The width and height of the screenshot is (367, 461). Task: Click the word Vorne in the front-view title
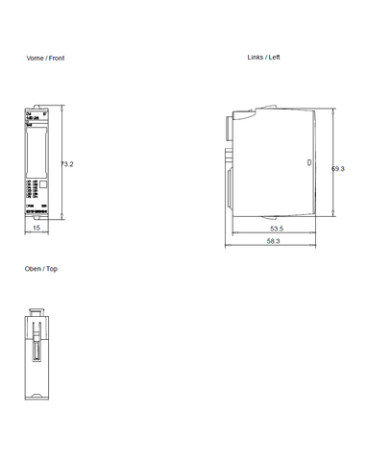[x=34, y=59]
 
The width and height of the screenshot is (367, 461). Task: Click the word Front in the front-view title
[x=57, y=59]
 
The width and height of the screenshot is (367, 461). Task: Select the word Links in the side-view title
[x=255, y=58]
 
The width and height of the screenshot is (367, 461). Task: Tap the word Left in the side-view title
[x=274, y=58]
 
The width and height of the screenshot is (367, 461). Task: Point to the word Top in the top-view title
[x=52, y=269]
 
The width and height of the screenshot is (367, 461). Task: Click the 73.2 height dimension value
[x=67, y=165]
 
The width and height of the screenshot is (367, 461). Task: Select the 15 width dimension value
[x=36, y=230]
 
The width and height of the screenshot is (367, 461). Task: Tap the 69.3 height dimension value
[x=338, y=168]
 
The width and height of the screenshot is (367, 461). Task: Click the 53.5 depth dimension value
[x=276, y=230]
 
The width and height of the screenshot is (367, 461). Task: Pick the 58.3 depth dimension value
[x=273, y=241]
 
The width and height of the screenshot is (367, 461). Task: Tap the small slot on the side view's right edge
[x=308, y=162]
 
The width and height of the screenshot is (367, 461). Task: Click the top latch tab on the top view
[x=36, y=310]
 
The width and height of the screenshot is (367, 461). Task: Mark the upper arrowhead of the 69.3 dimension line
[x=332, y=110]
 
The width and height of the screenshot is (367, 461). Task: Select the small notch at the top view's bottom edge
[x=37, y=397]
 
